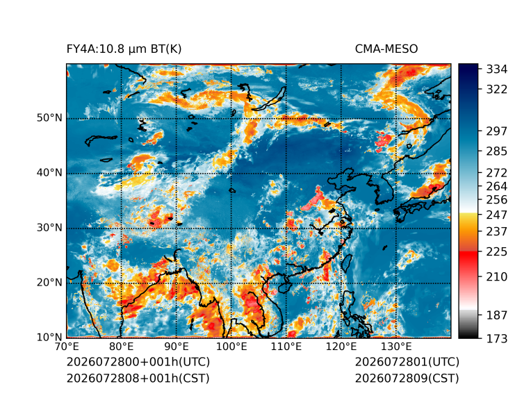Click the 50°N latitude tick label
(49, 118)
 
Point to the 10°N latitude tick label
(49, 338)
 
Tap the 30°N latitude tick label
(49, 228)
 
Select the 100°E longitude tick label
(231, 347)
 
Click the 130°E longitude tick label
(396, 347)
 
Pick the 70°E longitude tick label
(67, 347)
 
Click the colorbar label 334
(497, 69)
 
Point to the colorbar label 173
(497, 339)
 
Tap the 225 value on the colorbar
(497, 252)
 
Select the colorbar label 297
(497, 131)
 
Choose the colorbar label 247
(497, 215)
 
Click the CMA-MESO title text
(386, 49)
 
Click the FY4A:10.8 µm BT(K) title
(124, 49)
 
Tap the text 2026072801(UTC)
(407, 362)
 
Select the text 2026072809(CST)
(407, 379)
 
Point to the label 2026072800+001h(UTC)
(138, 362)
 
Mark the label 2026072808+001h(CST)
(138, 379)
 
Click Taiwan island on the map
(345, 263)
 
